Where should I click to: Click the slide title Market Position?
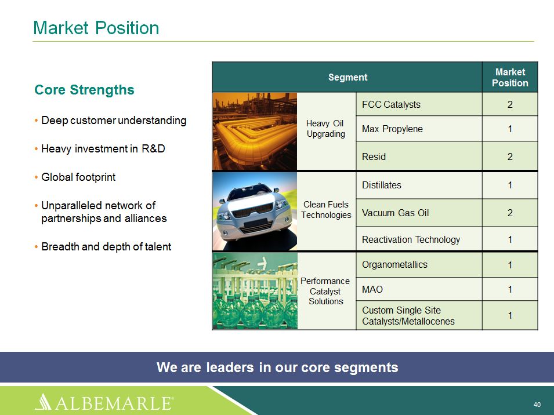click(x=96, y=28)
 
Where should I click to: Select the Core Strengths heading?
click(x=84, y=90)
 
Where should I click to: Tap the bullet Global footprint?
click(x=78, y=177)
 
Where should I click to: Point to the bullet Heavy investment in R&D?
click(x=103, y=149)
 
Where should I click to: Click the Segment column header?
click(x=347, y=77)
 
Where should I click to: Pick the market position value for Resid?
click(x=510, y=156)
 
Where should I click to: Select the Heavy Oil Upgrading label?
click(x=326, y=129)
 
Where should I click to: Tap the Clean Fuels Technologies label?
click(x=326, y=210)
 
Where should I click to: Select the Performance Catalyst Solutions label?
click(x=325, y=291)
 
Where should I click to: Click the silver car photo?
click(x=255, y=211)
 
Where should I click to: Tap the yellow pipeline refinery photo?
click(x=255, y=131)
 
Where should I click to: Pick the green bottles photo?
click(x=255, y=291)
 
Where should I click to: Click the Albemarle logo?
click(x=104, y=402)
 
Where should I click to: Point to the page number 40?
click(x=537, y=405)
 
